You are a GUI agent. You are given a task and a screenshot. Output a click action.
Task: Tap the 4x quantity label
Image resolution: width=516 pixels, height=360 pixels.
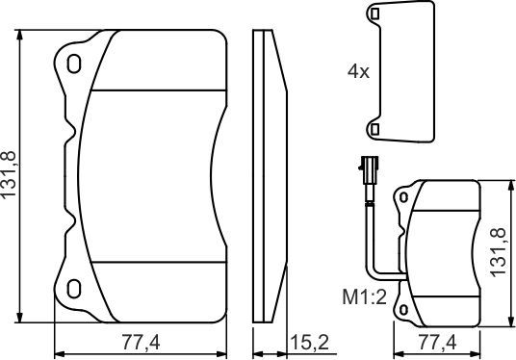point(357,70)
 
